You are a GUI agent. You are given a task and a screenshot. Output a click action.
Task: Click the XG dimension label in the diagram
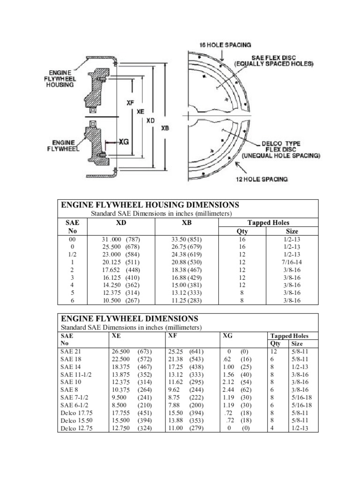pos(124,142)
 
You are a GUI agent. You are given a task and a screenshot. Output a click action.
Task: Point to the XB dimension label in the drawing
pos(165,128)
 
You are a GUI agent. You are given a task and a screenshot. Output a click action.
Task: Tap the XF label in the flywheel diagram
pos(130,103)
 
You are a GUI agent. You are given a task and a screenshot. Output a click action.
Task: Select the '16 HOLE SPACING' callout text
pos(225,45)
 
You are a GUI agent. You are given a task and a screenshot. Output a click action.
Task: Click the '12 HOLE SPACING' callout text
pos(262,179)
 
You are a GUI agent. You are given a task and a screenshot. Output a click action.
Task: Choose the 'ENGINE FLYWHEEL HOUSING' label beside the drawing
pos(60,79)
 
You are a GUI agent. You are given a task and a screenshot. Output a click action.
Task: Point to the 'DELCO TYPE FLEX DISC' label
pos(281,146)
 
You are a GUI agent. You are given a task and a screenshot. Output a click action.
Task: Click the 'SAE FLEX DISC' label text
pos(274,58)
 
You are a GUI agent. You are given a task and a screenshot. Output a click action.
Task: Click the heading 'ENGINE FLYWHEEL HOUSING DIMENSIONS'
pos(150,205)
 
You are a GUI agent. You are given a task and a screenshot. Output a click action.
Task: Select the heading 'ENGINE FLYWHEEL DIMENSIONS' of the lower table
pos(129,318)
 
